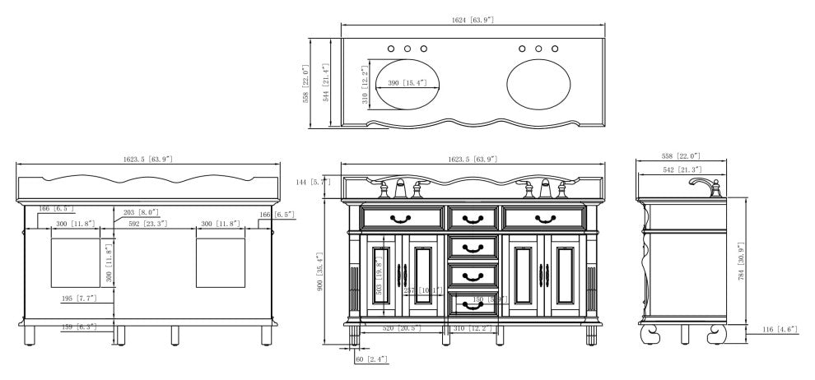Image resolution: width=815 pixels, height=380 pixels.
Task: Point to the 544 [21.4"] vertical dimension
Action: (326, 82)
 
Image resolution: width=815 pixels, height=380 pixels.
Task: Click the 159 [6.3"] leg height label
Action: (79, 327)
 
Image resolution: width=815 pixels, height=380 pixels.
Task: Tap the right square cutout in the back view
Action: (221, 262)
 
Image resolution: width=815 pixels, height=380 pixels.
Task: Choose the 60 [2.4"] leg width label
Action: (371, 359)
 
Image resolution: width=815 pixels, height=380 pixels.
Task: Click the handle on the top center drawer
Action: (473, 218)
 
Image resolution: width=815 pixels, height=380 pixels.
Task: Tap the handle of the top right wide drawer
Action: (545, 218)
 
